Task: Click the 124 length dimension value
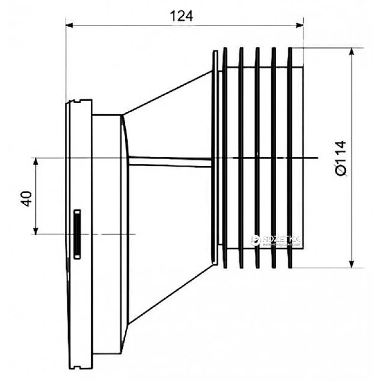tap(181, 16)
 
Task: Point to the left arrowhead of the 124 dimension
tap(70, 25)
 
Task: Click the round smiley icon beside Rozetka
tap(255, 240)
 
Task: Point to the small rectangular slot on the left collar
tap(76, 234)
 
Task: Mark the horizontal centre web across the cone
tap(169, 162)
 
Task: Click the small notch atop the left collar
tap(72, 101)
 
